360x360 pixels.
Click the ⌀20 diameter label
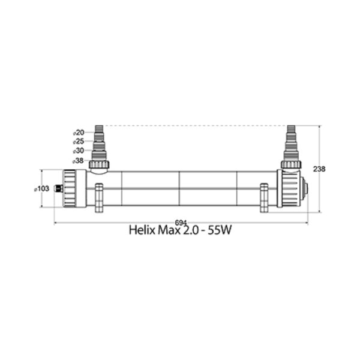point(79,133)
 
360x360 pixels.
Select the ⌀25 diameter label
point(79,142)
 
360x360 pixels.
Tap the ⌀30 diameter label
point(79,151)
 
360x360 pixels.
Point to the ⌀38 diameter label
point(78,161)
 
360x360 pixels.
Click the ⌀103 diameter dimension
point(41,189)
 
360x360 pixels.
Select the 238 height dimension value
point(319,169)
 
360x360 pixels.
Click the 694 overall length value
point(181,223)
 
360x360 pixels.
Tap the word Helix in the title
point(142,230)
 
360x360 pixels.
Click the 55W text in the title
point(219,230)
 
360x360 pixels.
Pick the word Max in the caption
point(169,230)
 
